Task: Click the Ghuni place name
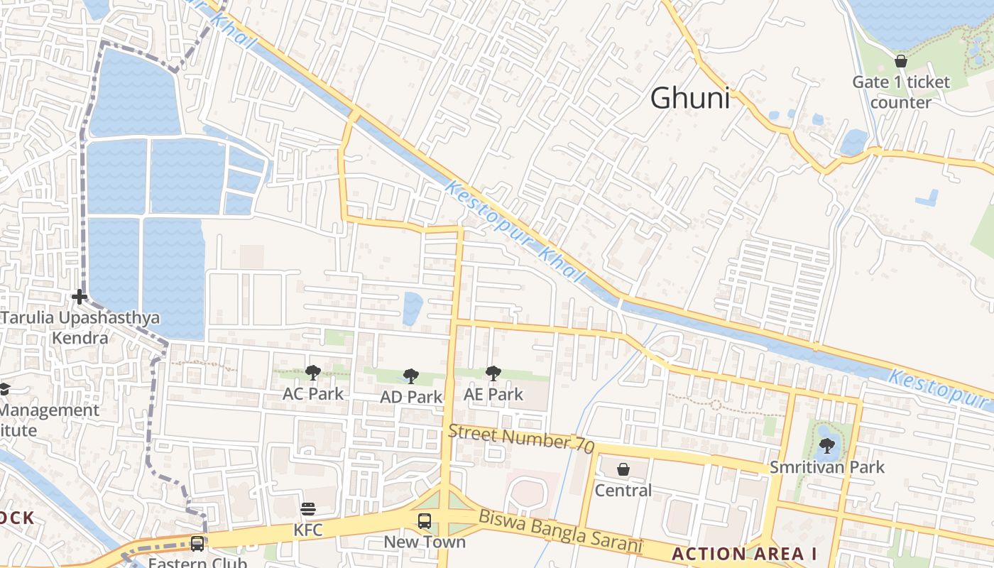(x=689, y=98)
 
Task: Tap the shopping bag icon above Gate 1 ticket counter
(x=901, y=61)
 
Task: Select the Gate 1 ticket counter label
(x=900, y=92)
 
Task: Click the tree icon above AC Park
(x=312, y=372)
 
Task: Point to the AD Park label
(x=411, y=397)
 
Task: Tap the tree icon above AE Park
(x=493, y=373)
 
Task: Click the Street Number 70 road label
(x=520, y=437)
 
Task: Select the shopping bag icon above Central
(x=623, y=469)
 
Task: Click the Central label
(x=623, y=491)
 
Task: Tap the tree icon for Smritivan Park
(x=826, y=446)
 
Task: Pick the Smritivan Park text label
(x=827, y=467)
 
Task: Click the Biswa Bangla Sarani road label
(x=559, y=532)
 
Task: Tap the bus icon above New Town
(x=425, y=521)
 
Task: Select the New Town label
(x=425, y=542)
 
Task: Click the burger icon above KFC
(x=308, y=509)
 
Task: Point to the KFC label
(x=308, y=530)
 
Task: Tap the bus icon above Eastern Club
(x=197, y=544)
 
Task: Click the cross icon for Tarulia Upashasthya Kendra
(x=80, y=296)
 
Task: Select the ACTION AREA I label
(x=744, y=554)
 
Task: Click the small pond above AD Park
(x=413, y=309)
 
